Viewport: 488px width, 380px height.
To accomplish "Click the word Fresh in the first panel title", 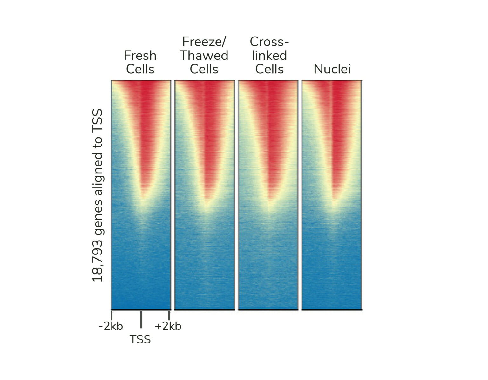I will tap(140, 56).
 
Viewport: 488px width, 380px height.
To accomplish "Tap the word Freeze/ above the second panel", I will tap(204, 42).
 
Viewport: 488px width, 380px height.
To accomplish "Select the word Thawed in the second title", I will tap(204, 56).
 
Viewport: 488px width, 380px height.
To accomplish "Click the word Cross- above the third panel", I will tap(269, 42).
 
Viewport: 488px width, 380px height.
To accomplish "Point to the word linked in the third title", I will tap(269, 56).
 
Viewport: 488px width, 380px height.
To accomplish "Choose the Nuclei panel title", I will tap(332, 69).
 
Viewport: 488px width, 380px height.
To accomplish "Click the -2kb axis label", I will tap(111, 326).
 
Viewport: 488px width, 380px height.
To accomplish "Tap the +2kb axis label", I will tap(168, 326).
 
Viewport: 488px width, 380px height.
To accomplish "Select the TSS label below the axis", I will tap(140, 340).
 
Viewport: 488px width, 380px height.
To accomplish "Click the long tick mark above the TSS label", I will tap(141, 319).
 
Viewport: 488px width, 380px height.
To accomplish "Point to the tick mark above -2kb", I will tap(112, 316).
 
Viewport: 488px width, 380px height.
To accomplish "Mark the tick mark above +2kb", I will tap(169, 316).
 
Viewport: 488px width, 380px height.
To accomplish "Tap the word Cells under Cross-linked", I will tap(269, 69).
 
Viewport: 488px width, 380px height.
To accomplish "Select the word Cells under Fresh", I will tap(140, 69).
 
